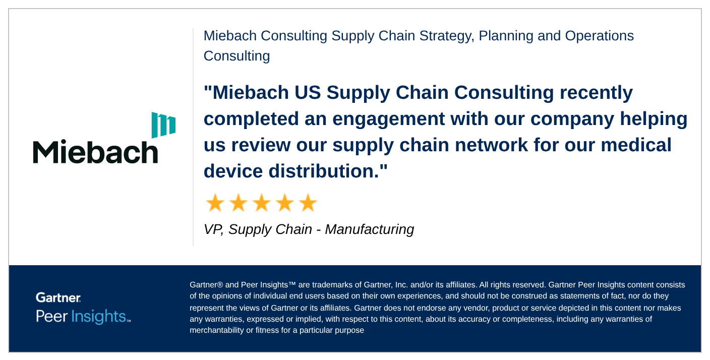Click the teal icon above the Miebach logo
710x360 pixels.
[163, 125]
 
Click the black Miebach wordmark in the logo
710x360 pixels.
[95, 151]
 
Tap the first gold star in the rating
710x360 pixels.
[215, 203]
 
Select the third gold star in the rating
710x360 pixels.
[262, 203]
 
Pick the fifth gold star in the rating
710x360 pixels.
[308, 203]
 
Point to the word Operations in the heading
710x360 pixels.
[600, 36]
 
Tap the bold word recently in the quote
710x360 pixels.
[596, 93]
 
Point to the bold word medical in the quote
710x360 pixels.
[636, 145]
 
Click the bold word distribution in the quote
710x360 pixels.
[324, 171]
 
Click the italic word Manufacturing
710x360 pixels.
[370, 229]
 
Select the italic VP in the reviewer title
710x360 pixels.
[213, 229]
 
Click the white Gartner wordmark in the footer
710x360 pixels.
[58, 297]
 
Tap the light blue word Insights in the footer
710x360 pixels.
[98, 316]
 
